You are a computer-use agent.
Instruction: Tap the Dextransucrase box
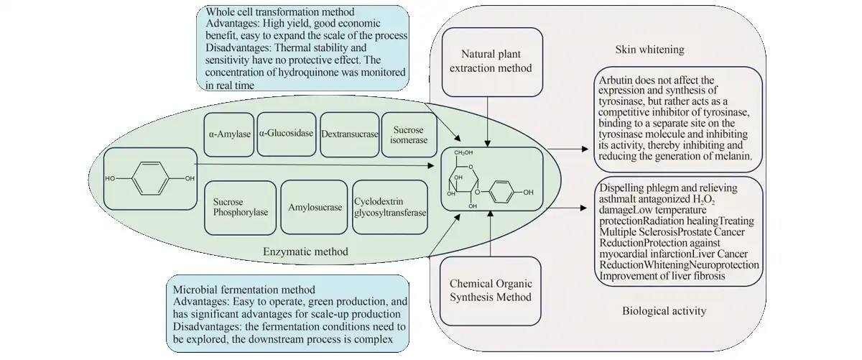tap(348, 133)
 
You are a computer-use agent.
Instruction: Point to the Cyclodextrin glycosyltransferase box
tap(389, 208)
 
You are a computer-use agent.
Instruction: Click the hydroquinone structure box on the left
tap(149, 177)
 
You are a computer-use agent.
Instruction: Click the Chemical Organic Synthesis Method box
tap(490, 290)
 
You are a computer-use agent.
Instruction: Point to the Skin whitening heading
tap(649, 50)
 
